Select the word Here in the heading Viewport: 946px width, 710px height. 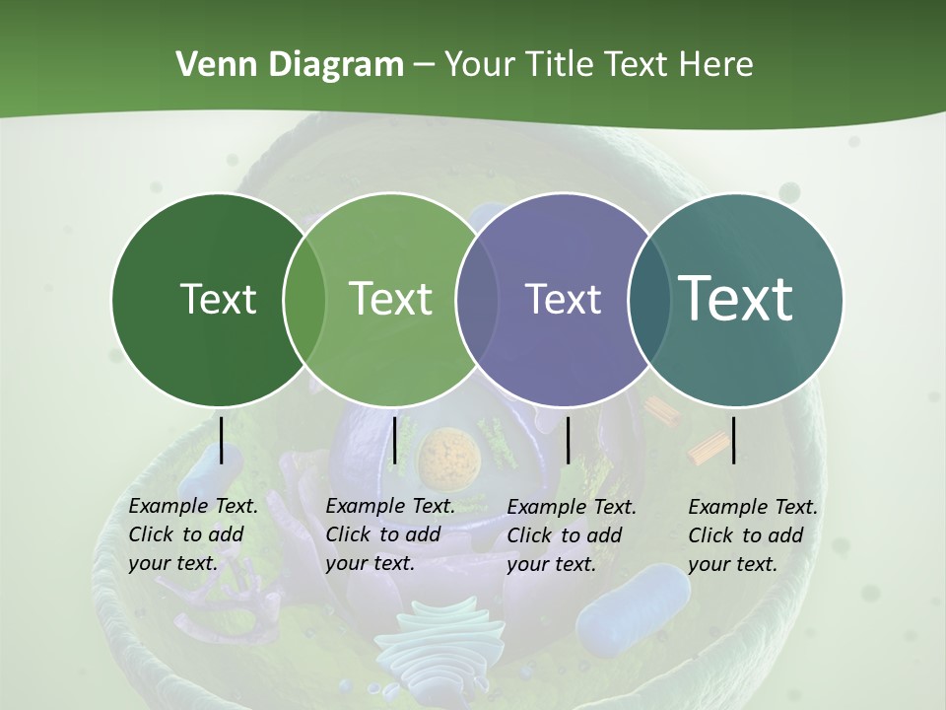point(716,65)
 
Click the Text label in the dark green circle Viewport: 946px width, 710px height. point(218,299)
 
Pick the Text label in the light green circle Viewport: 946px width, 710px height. point(390,299)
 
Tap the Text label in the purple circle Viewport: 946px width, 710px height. point(563,299)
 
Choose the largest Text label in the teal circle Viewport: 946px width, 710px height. point(735,298)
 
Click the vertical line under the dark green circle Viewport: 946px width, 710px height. point(221,440)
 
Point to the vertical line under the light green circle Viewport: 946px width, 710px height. point(394,440)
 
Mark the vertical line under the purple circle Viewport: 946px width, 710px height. point(568,440)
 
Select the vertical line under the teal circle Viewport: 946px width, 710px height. point(733,440)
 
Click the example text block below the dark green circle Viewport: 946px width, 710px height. point(193,534)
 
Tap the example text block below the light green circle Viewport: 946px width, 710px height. point(390,534)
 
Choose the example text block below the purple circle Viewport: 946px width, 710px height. point(572,535)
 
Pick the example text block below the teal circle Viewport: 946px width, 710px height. point(753,535)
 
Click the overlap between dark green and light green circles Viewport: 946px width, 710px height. point(304,299)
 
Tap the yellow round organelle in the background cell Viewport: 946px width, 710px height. point(448,458)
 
